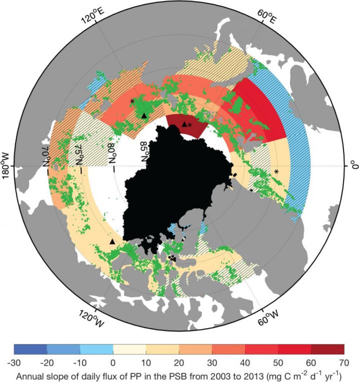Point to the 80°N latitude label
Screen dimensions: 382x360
pyautogui.click(x=111, y=152)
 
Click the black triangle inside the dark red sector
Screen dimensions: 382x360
pyautogui.click(x=184, y=124)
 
